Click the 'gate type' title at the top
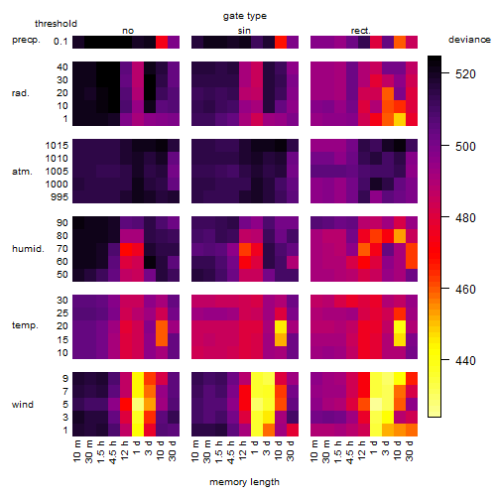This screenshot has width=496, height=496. coord(245,16)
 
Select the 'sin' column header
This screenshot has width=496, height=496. coord(244,31)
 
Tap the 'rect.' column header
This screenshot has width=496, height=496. coord(360,31)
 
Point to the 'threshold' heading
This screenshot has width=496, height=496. coord(56,24)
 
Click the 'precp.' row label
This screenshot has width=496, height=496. coord(26,40)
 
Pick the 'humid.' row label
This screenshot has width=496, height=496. coord(28,249)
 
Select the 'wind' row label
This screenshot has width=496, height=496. coord(23,405)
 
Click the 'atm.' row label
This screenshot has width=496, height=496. coord(22,172)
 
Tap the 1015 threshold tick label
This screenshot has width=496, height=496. coord(57,146)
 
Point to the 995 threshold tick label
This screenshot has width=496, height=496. coord(60,197)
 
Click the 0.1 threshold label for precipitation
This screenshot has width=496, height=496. coord(61,42)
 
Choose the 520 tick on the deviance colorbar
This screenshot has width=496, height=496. coord(465,74)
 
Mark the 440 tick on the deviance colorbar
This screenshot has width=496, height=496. coord(465,360)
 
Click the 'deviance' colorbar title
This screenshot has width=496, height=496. coord(469,40)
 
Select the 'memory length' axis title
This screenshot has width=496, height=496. coord(245,482)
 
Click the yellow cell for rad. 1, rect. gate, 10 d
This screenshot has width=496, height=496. coord(400,119)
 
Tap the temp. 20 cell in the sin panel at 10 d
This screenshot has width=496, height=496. coord(281,326)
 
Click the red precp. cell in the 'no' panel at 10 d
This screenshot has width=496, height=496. coord(162,42)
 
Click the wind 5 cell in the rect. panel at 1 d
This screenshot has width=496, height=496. coord(376,404)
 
